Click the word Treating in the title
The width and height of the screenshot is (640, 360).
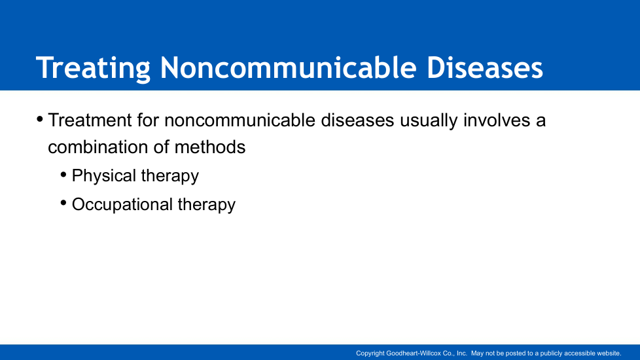(x=93, y=68)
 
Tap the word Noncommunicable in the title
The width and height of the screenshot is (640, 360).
(x=289, y=67)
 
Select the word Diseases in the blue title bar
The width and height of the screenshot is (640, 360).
(x=485, y=67)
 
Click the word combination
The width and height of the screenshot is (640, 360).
(x=98, y=147)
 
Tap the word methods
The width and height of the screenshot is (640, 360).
(x=210, y=147)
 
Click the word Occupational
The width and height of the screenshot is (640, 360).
(x=122, y=205)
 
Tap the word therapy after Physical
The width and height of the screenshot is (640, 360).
(x=169, y=176)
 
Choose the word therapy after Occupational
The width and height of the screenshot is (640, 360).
(x=207, y=205)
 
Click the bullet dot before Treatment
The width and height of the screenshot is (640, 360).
(x=40, y=120)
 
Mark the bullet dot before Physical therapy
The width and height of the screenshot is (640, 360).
(x=63, y=175)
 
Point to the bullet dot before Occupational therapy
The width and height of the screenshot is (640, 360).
(x=63, y=203)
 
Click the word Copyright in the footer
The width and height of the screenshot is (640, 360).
(x=370, y=353)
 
